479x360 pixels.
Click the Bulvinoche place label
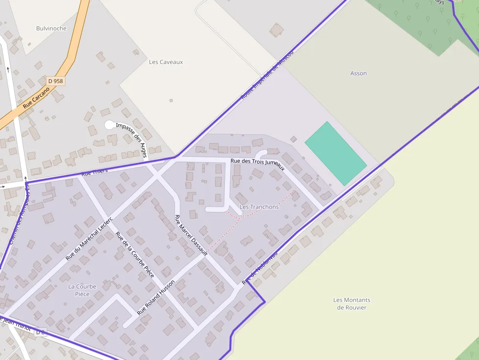(x=51, y=28)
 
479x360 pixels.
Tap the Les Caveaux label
(x=166, y=62)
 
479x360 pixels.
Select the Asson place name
(x=358, y=73)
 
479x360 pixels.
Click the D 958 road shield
(x=56, y=81)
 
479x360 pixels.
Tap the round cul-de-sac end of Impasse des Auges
(x=109, y=125)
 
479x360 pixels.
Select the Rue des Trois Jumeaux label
(x=258, y=164)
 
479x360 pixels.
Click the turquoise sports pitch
(x=335, y=153)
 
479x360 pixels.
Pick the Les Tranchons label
(x=259, y=207)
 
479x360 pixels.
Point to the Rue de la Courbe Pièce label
(x=135, y=254)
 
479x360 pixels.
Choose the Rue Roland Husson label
(x=156, y=296)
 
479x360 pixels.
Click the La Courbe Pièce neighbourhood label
(x=82, y=290)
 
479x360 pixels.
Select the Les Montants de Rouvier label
(x=351, y=304)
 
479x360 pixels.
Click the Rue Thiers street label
(x=94, y=172)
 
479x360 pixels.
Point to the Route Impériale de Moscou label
(x=267, y=74)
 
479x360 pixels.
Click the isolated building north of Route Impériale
(x=277, y=30)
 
